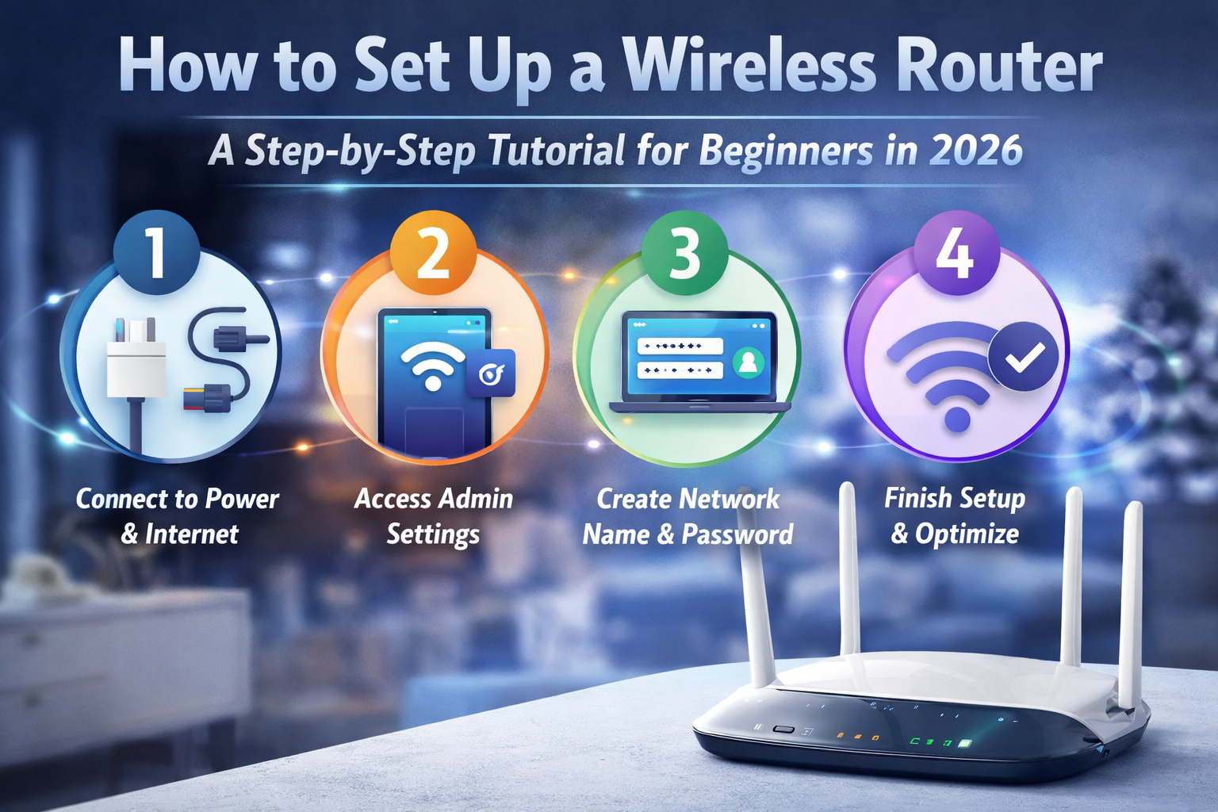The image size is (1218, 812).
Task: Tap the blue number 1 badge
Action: [156, 252]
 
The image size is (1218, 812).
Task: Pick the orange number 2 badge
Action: [434, 253]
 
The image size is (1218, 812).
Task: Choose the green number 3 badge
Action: [684, 253]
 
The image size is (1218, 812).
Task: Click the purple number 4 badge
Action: [956, 253]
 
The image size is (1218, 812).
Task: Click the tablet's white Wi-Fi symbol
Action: [433, 366]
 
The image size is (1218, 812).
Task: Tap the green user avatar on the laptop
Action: [749, 362]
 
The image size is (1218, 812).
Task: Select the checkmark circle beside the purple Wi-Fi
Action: [1024, 356]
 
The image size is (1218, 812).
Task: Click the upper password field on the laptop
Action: [680, 346]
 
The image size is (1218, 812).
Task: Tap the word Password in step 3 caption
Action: [738, 534]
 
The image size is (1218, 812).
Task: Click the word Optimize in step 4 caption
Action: [967, 534]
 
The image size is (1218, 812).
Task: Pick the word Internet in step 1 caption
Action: [192, 534]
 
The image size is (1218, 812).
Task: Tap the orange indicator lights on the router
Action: [857, 737]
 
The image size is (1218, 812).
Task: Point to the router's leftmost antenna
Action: [755, 588]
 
